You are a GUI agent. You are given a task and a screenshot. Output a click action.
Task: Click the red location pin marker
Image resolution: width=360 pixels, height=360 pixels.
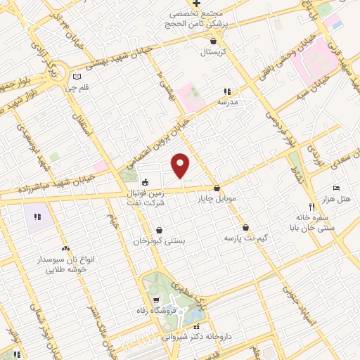(x=181, y=165)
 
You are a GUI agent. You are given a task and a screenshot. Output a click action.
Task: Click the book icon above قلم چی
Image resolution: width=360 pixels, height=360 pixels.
(x=77, y=77)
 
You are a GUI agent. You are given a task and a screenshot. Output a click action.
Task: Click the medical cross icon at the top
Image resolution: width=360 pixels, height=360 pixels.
(x=206, y=4)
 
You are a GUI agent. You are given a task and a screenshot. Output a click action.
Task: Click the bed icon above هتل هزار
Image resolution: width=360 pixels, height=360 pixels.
(x=335, y=188)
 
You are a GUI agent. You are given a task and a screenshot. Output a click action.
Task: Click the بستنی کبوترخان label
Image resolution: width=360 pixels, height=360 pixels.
(x=160, y=240)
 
